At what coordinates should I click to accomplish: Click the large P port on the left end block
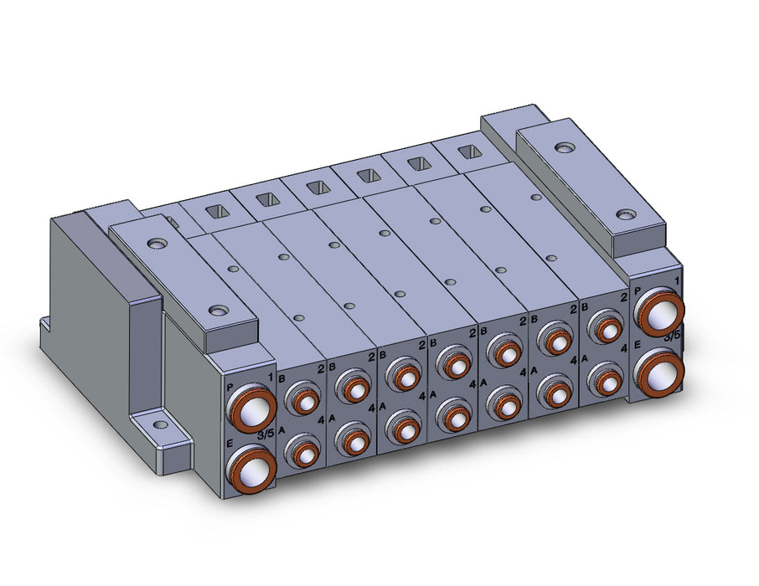coord(251,409)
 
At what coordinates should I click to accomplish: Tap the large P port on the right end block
coord(659,311)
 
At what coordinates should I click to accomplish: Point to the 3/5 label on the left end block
coord(266,434)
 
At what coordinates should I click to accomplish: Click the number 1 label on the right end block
coord(676,280)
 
